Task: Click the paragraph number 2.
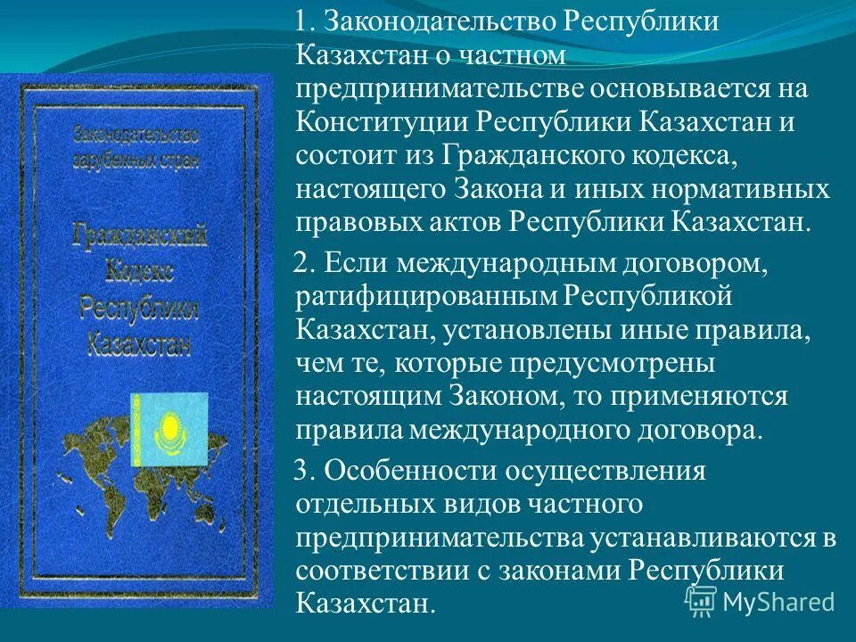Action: pos(300,264)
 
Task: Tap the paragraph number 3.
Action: pos(300,470)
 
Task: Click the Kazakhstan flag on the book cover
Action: pos(169,428)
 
